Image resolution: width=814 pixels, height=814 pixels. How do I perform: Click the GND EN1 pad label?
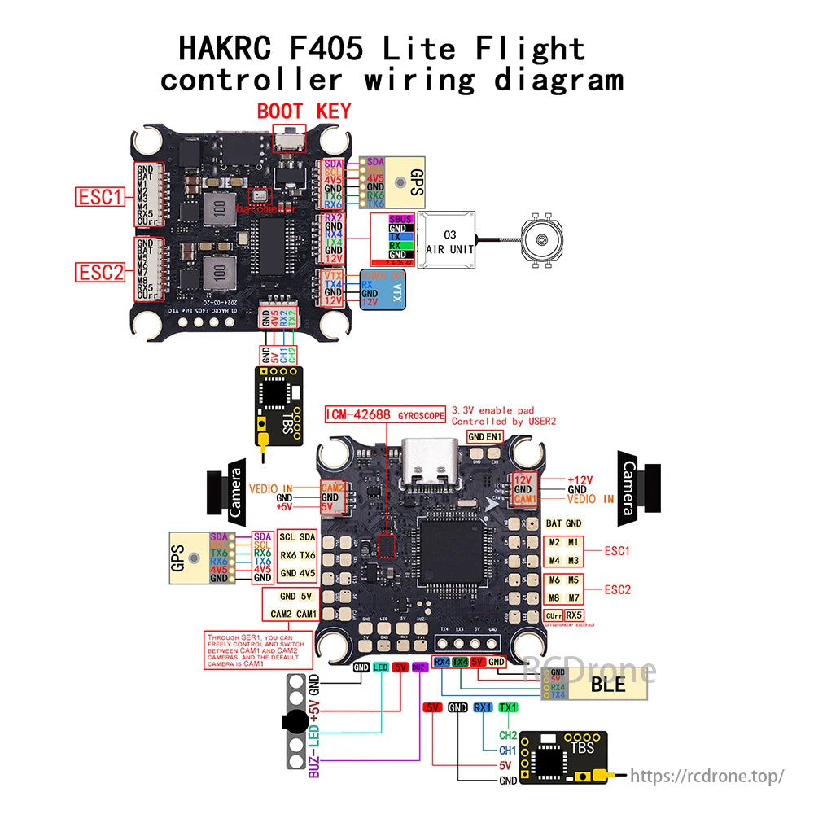(x=486, y=437)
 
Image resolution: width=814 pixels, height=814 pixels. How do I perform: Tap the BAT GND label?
(x=563, y=523)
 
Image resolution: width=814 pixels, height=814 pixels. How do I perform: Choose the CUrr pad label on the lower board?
(x=554, y=615)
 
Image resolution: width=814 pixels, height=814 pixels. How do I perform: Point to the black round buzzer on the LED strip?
(x=294, y=721)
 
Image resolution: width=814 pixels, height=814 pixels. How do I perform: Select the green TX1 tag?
(x=508, y=708)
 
